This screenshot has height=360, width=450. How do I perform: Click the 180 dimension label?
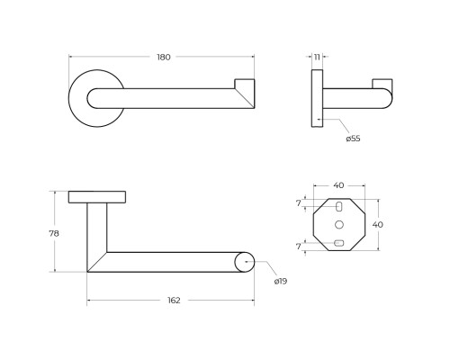click(164, 57)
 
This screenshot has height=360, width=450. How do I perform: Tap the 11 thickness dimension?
click(317, 57)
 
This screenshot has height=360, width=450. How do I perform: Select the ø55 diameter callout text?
click(353, 139)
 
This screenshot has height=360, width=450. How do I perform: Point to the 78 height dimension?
click(54, 233)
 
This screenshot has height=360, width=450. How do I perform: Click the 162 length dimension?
click(174, 300)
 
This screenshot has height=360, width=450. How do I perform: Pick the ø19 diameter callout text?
click(281, 281)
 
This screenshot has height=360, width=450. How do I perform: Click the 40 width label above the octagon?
click(338, 185)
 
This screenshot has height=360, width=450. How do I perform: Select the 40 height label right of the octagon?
click(378, 224)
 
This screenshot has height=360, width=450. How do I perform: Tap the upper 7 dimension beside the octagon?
click(298, 203)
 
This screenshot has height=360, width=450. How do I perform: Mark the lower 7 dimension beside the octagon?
click(298, 247)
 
